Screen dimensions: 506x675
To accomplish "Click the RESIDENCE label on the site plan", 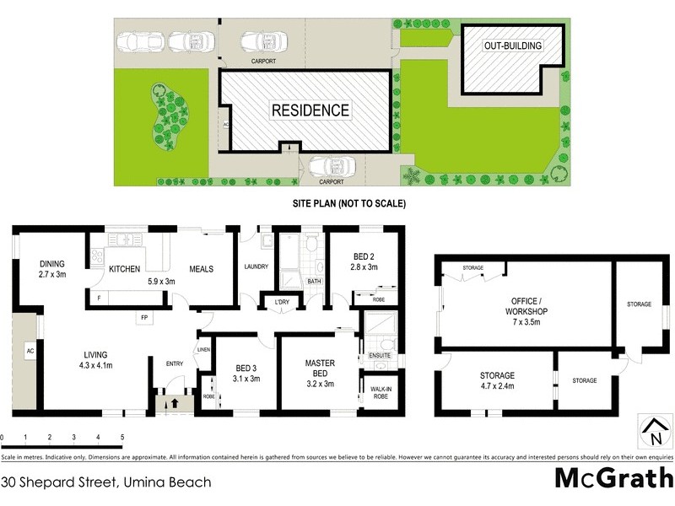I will pos(310,110).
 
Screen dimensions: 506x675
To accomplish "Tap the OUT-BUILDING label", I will pos(512,46).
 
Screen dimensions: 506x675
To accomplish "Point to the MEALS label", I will pos(201,269).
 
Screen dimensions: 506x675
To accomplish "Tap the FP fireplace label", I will pos(145,318).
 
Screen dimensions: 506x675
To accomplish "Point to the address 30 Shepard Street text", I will pos(105,482).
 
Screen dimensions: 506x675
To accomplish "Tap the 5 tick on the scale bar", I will pos(122,438).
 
